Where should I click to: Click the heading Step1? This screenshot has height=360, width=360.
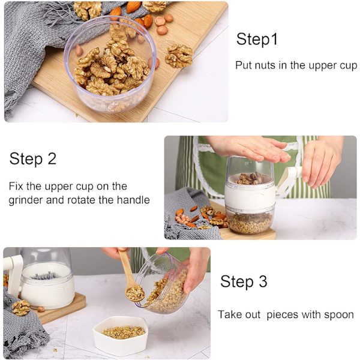click(257, 39)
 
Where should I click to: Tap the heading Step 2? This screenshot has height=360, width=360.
click(33, 158)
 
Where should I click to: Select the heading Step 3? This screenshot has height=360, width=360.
click(244, 281)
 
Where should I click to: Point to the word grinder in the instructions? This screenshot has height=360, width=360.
click(25, 200)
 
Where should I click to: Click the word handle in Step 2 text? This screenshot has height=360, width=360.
click(133, 200)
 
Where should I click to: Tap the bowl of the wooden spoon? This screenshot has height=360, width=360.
click(135, 293)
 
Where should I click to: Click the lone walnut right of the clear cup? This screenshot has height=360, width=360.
click(179, 56)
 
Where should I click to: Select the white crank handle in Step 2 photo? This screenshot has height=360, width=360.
click(289, 181)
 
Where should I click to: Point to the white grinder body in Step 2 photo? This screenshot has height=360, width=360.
click(250, 194)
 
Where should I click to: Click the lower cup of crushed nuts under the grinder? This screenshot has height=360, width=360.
click(250, 222)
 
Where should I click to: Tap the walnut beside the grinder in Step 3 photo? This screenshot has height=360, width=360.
click(20, 308)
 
